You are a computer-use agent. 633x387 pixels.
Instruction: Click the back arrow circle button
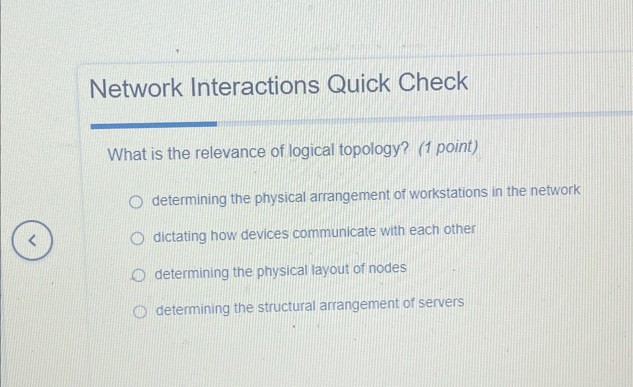(32, 240)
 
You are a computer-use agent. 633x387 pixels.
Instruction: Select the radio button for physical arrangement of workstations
(136, 202)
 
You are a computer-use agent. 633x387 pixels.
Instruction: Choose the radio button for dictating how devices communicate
(137, 238)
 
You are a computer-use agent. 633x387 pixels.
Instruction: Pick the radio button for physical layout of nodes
(138, 275)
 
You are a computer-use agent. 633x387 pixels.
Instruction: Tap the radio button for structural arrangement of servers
(140, 311)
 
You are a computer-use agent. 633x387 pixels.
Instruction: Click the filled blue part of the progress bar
(153, 125)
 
